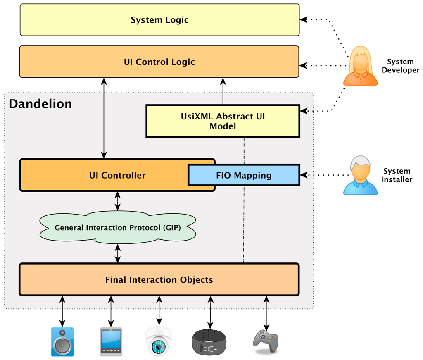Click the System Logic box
pos(159,20)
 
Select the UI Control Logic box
pos(159,62)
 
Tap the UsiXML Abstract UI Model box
pos(223,121)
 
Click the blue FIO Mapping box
pos(244,175)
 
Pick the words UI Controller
pos(117,175)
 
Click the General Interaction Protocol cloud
pos(118,227)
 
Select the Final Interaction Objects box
pos(159,280)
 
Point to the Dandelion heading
pos(40,104)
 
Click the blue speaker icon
pos(62,341)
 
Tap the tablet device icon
pos(111,341)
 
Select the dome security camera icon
pos(159,341)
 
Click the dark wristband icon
pos(209,342)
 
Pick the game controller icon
pos(266,341)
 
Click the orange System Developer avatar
pos(360,66)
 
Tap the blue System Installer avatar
pos(360,176)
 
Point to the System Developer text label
pos(400,66)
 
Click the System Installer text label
pos(397,175)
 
